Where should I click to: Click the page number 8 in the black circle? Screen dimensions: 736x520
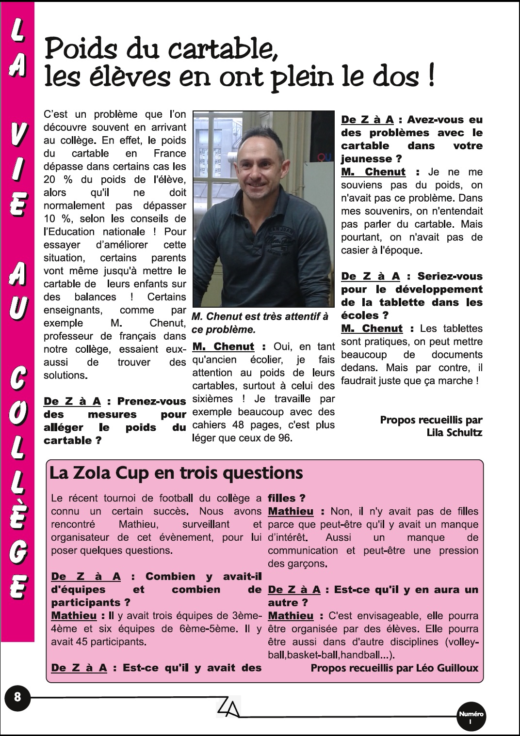pyautogui.click(x=17, y=697)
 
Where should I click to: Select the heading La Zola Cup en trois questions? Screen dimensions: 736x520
pyautogui.click(x=176, y=472)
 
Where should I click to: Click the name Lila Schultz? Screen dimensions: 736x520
pyautogui.click(x=455, y=432)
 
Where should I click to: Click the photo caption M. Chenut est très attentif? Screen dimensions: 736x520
pyautogui.click(x=260, y=323)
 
